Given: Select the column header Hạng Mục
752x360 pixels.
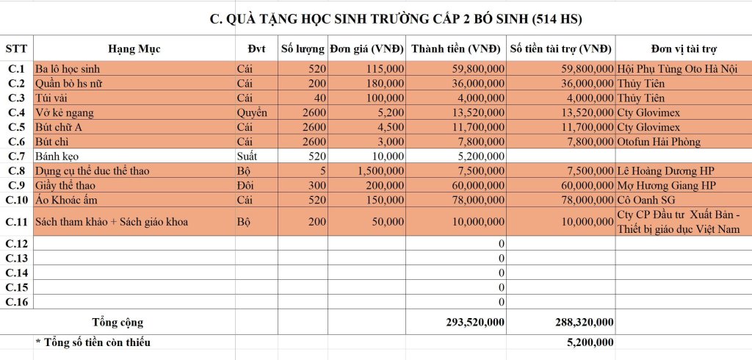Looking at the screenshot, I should pos(134,49).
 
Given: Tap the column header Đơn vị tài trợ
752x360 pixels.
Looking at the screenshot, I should pos(684,49).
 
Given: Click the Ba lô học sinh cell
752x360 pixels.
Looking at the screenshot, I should pos(73,68).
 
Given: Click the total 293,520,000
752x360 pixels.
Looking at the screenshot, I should pos(475,321).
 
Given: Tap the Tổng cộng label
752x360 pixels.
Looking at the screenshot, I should pos(117,321).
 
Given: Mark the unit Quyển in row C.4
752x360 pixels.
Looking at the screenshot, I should pos(252,112).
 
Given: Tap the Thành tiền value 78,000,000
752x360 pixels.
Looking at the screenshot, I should pos(475,200).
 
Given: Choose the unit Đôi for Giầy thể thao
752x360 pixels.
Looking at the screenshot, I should pos(246,185).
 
